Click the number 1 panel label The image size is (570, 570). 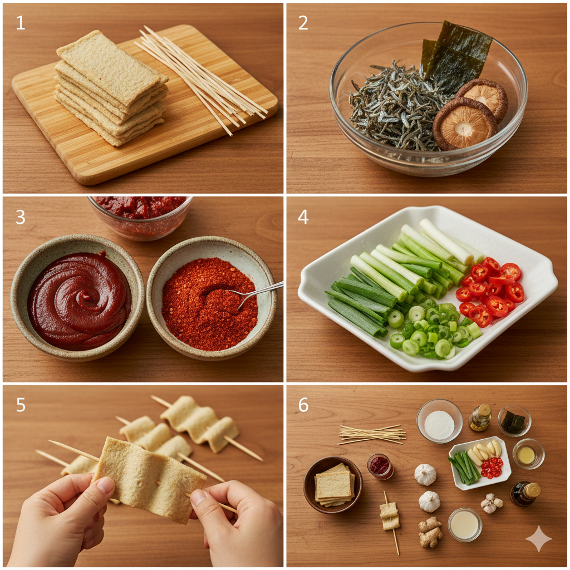[21, 22]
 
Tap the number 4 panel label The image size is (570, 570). [303, 217]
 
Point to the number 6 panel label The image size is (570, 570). [303, 405]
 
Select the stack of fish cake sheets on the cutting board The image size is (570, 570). [111, 87]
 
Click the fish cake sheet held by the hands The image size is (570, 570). [149, 479]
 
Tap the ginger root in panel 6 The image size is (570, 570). [430, 532]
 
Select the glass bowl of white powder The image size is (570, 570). [440, 421]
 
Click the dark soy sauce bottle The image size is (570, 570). [525, 494]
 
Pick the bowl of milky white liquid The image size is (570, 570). [465, 524]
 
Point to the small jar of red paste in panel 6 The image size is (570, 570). [380, 466]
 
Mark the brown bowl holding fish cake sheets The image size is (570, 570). [333, 485]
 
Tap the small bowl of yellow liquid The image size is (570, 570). [528, 454]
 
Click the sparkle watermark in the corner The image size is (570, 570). [539, 538]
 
